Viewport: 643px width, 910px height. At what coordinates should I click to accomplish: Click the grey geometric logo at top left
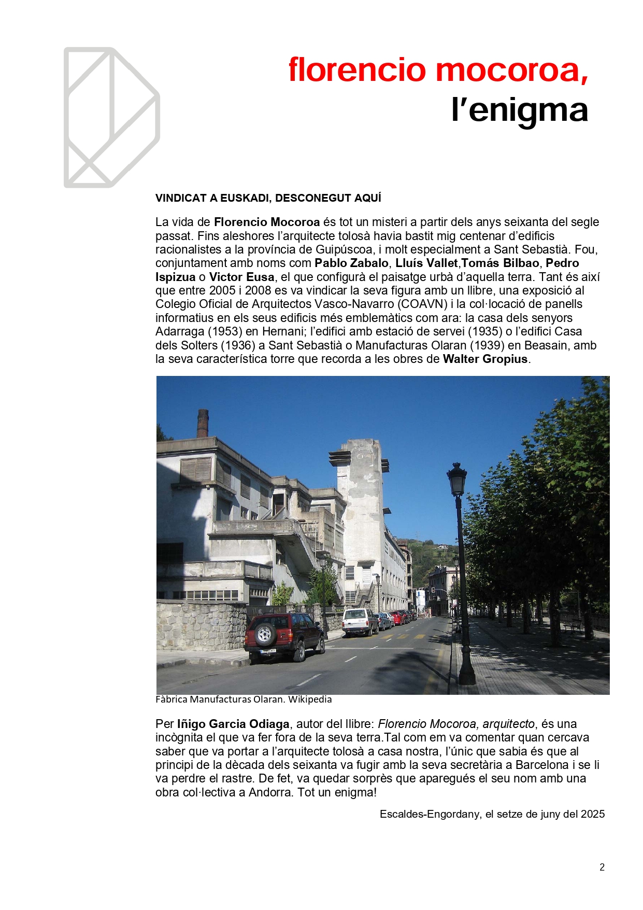[x=111, y=118]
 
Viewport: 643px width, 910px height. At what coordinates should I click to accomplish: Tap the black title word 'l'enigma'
[x=519, y=110]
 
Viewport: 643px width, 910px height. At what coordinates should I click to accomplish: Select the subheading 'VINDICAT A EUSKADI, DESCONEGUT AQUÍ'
[x=268, y=198]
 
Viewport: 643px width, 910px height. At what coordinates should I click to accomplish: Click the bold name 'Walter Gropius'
[x=485, y=359]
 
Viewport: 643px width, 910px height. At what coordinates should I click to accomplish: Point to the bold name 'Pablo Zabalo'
[x=352, y=263]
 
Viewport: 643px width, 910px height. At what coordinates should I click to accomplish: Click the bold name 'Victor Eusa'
[x=241, y=277]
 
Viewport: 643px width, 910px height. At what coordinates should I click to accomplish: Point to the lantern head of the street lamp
[x=457, y=479]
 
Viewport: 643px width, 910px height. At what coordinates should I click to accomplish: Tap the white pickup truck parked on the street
[x=360, y=622]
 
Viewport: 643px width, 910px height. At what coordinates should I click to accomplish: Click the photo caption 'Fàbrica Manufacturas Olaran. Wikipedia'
[x=244, y=699]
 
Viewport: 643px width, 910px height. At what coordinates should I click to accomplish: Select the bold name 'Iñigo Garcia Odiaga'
[x=233, y=724]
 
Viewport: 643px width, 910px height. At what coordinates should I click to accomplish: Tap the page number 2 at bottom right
[x=602, y=867]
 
